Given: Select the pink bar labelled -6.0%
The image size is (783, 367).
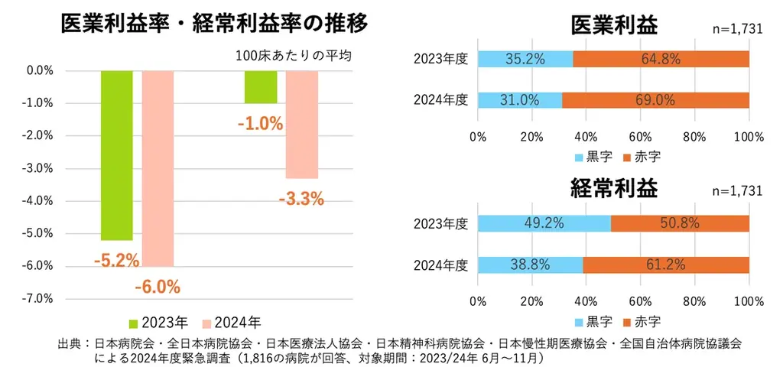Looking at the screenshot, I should tap(158, 168).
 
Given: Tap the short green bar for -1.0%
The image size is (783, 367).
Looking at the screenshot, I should tap(261, 87).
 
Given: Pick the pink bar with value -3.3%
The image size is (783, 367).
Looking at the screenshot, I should tap(301, 124).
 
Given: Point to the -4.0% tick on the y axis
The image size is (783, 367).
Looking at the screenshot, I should tap(37, 201).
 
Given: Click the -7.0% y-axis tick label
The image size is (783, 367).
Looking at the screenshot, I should tap(37, 298).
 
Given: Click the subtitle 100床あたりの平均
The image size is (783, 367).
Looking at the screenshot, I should tap(294, 56).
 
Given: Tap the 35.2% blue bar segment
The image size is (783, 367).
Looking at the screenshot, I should tap(525, 60).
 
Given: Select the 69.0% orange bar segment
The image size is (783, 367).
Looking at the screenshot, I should tap(655, 100).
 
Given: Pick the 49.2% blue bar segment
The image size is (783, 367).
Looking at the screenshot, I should tap(544, 223).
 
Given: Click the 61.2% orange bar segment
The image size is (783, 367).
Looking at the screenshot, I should tap(665, 265).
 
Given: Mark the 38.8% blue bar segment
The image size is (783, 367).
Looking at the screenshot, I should tap(530, 265).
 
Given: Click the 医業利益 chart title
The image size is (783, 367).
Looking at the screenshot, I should tap(613, 25).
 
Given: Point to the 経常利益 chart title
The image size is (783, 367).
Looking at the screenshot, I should tap(613, 187).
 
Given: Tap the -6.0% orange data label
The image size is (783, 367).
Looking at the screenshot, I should tap(157, 287).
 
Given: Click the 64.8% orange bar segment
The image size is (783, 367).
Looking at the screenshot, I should tap(661, 60).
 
